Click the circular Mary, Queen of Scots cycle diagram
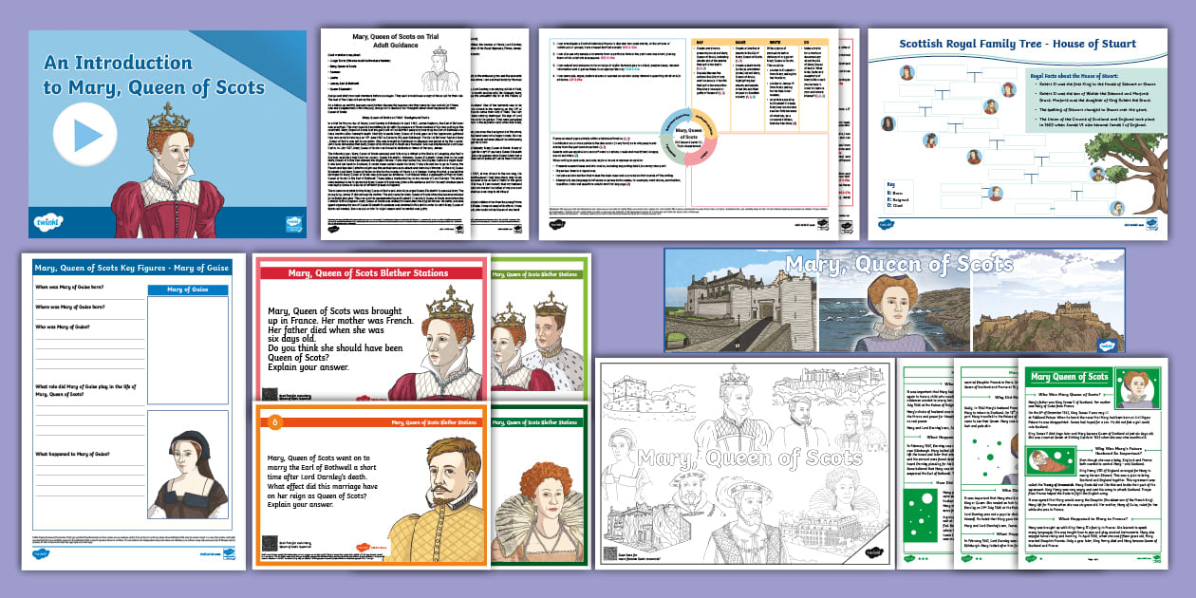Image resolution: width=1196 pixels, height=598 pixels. pyautogui.click(x=696, y=148)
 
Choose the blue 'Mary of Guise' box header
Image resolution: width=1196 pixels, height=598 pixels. pyautogui.click(x=187, y=290)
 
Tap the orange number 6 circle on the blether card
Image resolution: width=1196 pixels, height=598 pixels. pyautogui.click(x=276, y=422)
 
